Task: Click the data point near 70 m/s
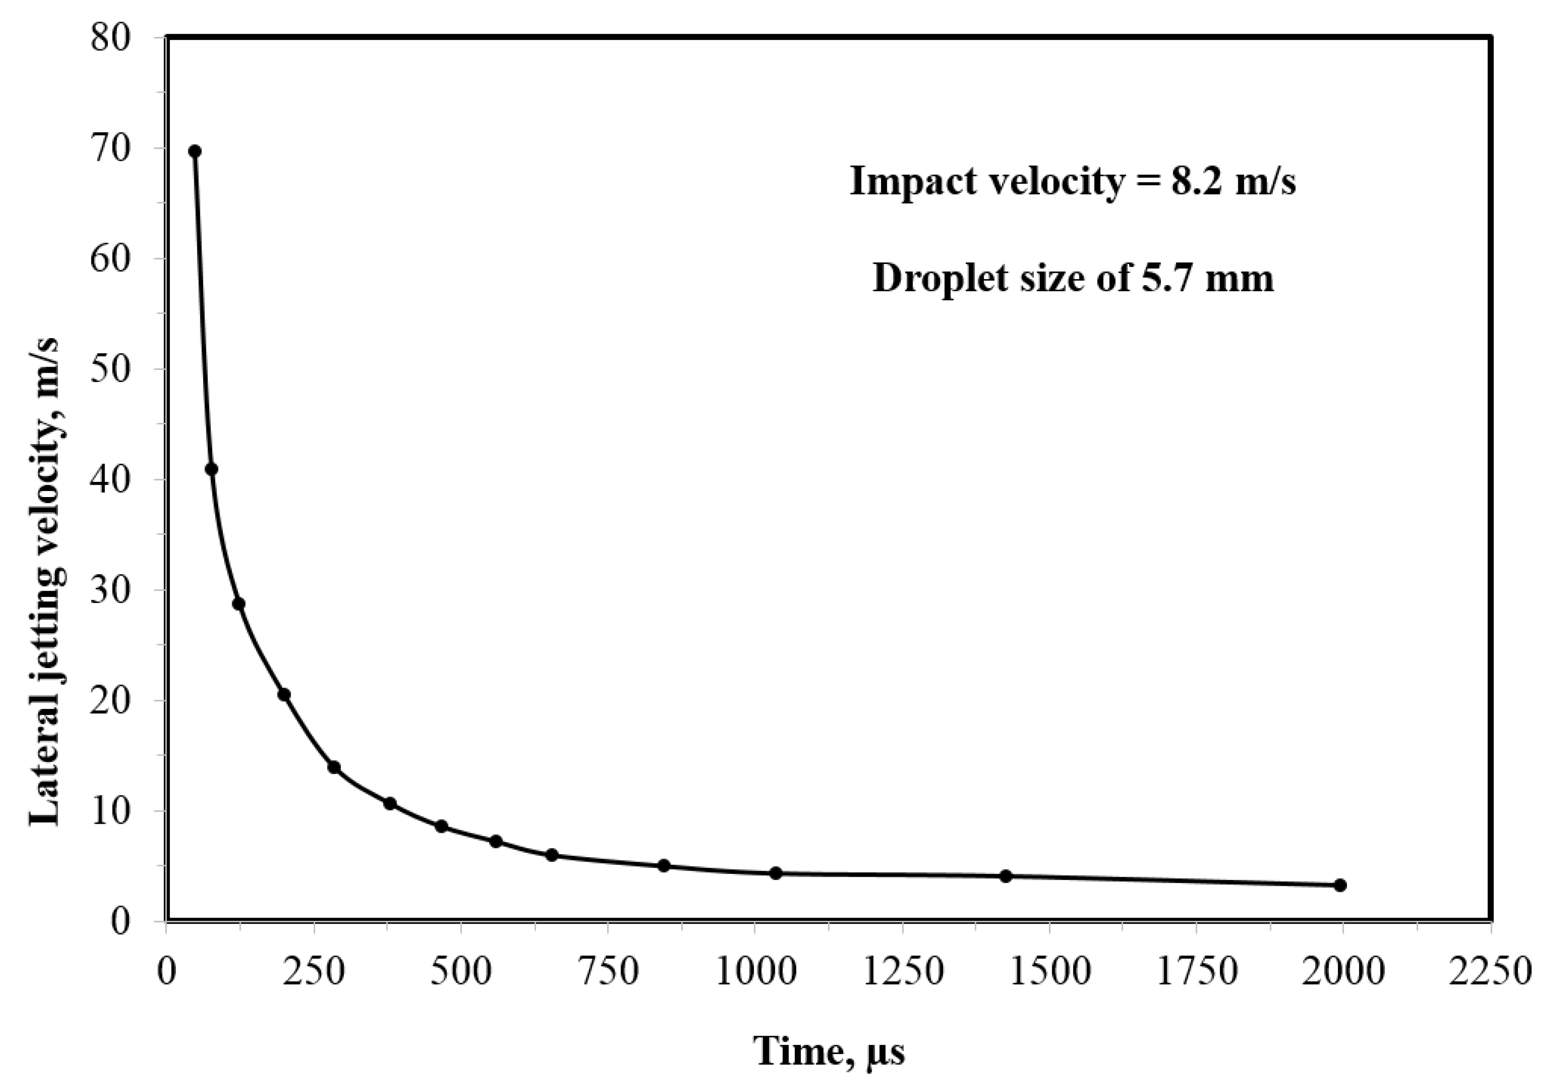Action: coord(195,151)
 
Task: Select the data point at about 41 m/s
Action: coord(211,469)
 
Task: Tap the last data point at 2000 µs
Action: coord(1340,885)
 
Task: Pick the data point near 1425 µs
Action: coord(1006,876)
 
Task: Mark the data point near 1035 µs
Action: coord(775,873)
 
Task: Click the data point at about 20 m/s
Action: coord(285,695)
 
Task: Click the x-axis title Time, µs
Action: coord(829,1051)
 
